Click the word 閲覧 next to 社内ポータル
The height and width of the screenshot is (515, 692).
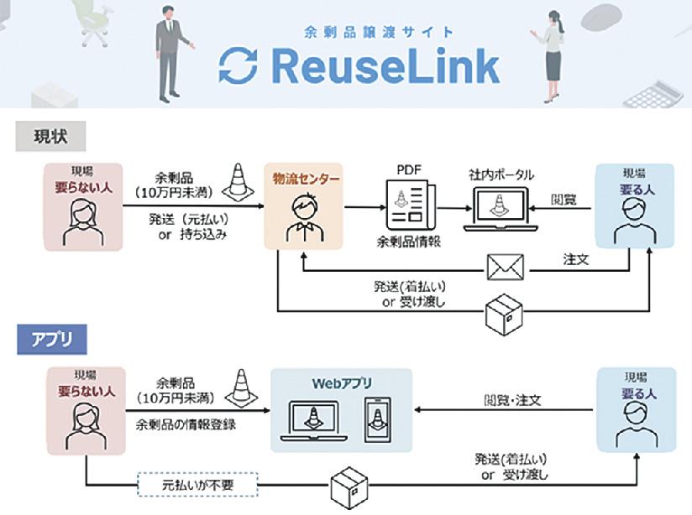pos(564,200)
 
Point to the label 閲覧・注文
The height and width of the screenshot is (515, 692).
pos(512,400)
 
